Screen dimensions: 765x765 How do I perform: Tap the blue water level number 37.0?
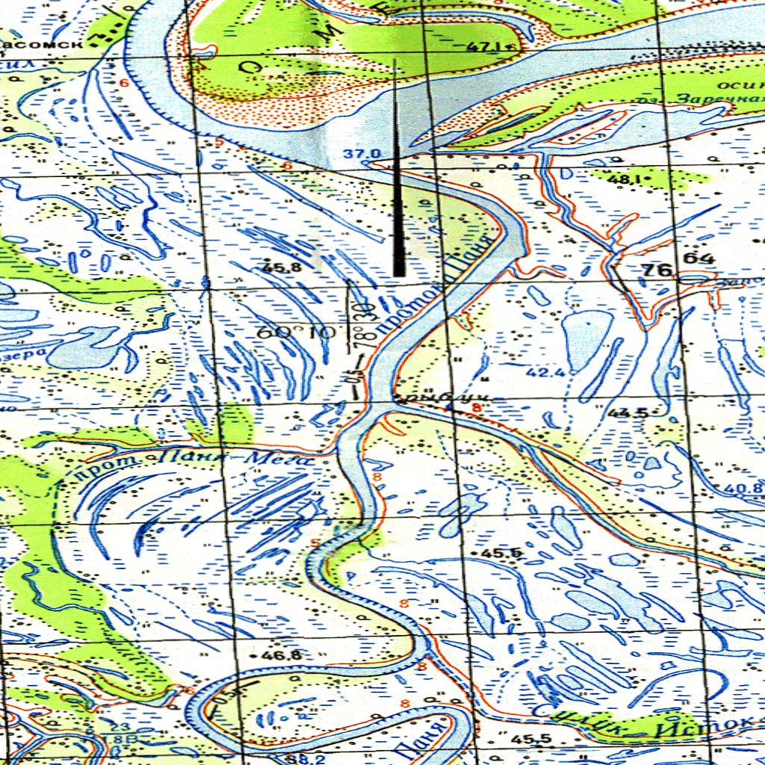(362, 154)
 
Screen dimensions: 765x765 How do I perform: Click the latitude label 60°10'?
(296, 332)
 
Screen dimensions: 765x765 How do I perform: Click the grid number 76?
(658, 270)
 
